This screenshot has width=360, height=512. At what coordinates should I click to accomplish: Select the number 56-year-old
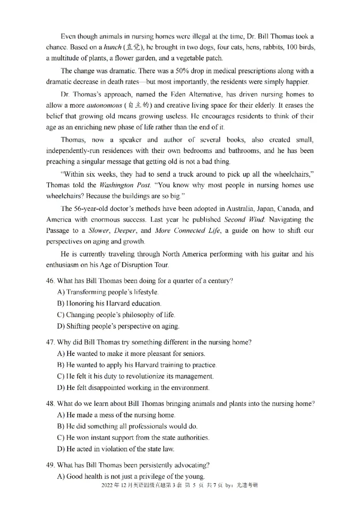[x=91, y=209]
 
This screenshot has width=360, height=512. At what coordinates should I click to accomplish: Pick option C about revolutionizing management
[x=135, y=376]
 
